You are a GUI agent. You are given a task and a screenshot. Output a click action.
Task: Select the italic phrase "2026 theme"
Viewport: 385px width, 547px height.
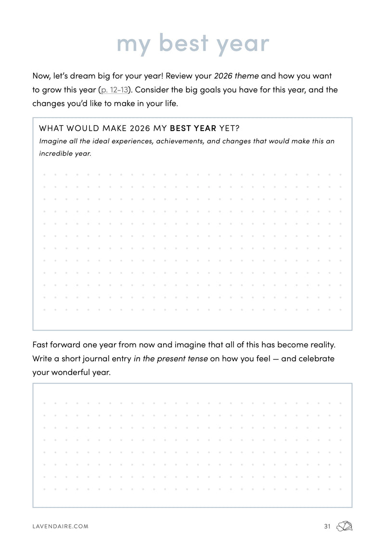coord(236,76)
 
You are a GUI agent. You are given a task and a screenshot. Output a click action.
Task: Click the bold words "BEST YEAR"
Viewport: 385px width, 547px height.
coord(193,128)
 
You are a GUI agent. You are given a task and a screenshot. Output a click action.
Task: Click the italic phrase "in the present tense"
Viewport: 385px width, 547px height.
coord(171,359)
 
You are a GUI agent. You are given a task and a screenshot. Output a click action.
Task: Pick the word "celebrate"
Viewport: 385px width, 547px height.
coord(317,359)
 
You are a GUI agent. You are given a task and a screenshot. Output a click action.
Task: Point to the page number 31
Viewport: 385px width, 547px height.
coord(327,526)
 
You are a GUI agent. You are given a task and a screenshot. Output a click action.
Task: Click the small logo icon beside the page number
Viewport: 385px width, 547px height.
coord(345,526)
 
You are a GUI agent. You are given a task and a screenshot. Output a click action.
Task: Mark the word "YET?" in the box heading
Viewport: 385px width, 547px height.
coord(229,128)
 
